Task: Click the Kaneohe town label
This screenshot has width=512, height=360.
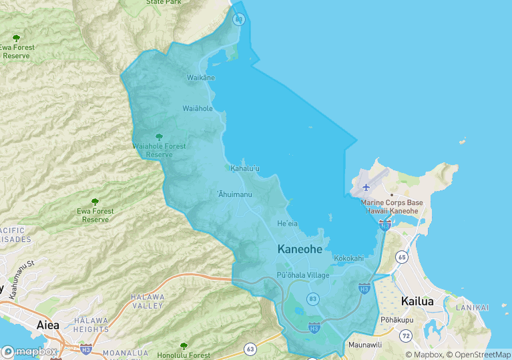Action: point(299,249)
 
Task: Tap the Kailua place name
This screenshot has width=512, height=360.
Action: point(417,301)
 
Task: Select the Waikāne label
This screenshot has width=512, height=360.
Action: point(200,78)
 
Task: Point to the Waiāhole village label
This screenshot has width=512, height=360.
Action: point(198,108)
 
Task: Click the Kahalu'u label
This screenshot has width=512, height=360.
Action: point(245,168)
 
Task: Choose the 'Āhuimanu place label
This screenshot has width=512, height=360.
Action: point(234,194)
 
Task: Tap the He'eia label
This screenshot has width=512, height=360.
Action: point(287,224)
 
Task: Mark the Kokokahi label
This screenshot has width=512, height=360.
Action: point(348,258)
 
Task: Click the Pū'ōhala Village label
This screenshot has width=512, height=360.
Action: point(303,275)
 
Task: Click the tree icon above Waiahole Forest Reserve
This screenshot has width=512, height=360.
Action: point(159,137)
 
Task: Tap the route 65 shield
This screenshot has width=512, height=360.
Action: point(401,256)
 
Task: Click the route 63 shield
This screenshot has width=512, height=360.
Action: point(250,348)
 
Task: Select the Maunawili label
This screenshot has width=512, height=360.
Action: point(364,345)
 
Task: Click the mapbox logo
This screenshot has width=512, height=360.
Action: point(29,351)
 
